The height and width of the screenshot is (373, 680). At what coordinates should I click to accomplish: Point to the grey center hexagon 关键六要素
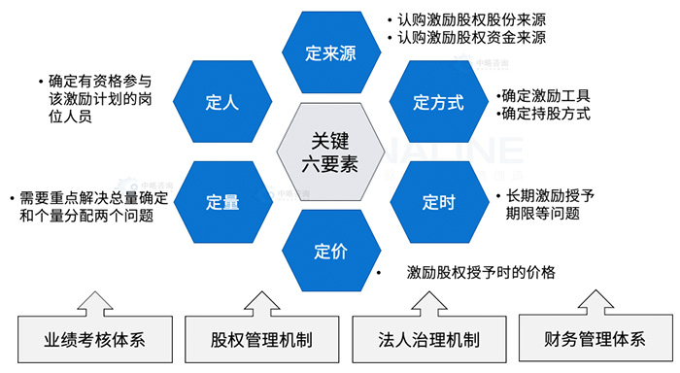point(328,153)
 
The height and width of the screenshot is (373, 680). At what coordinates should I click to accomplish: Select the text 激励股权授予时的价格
point(481,273)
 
